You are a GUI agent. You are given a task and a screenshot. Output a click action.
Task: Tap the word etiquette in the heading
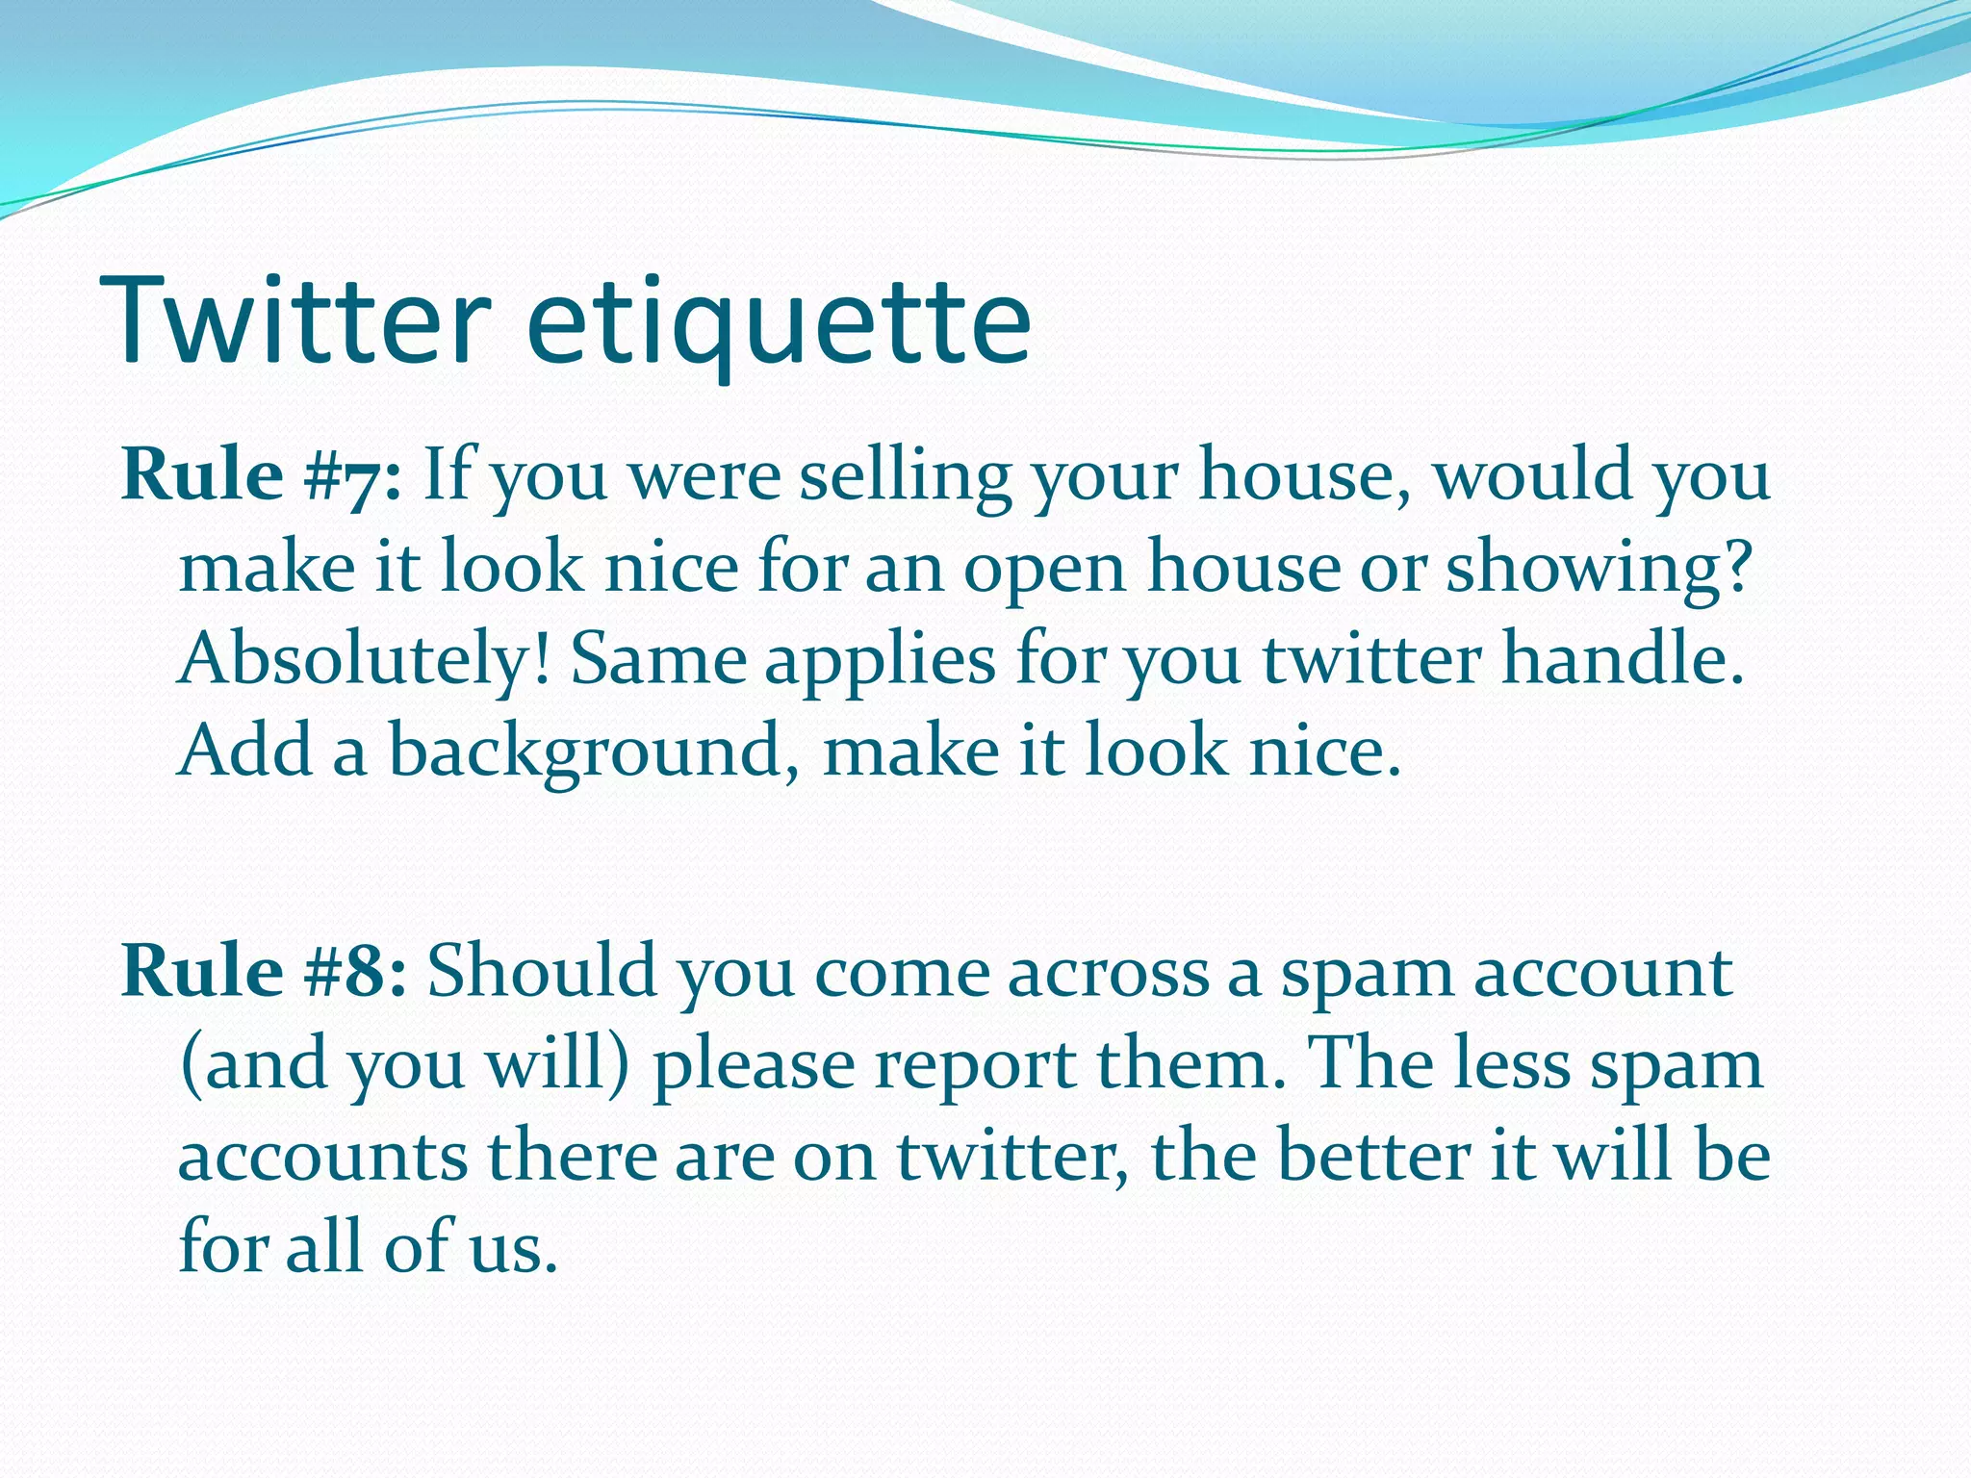tap(779, 322)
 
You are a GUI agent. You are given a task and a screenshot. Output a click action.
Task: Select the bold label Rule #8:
tap(265, 971)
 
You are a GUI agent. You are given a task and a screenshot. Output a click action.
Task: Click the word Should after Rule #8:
tap(542, 971)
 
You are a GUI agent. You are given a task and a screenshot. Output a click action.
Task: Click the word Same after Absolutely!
tap(658, 660)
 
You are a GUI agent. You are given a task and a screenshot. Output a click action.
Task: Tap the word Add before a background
tap(245, 751)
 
